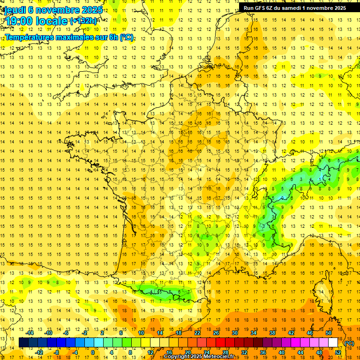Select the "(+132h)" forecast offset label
83,21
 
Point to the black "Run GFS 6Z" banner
295,8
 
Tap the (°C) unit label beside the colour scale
349,343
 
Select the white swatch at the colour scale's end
333,343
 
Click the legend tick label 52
338,352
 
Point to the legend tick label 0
93,352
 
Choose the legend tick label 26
216,333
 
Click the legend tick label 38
272,333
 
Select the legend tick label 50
329,333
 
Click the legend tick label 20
188,352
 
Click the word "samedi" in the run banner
293,8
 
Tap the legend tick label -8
56,352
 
